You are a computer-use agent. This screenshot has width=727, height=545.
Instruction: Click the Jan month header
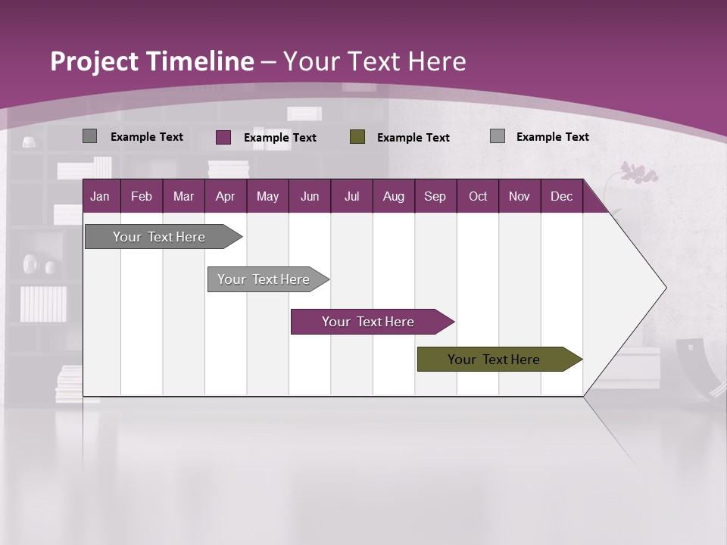click(100, 196)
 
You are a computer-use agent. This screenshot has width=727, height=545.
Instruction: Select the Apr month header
click(225, 196)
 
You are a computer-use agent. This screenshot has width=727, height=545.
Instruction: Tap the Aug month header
click(393, 196)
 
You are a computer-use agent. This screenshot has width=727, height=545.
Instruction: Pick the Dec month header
click(561, 196)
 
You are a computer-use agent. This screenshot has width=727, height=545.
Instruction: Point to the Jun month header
click(309, 196)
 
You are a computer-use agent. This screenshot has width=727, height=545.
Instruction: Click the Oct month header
click(477, 196)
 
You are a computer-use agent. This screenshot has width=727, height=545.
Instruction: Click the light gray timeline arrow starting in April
click(265, 279)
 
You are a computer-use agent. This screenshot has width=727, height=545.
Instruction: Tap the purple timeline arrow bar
click(370, 322)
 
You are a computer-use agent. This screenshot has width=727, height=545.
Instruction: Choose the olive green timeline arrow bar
click(496, 360)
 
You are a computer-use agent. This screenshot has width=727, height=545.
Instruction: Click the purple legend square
click(223, 137)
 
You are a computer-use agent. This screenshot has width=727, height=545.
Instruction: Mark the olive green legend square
click(357, 137)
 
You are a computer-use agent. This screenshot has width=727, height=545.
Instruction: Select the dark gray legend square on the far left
click(90, 136)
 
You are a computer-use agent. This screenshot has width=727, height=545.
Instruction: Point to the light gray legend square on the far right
click(498, 136)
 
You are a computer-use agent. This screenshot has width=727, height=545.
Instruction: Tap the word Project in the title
click(95, 61)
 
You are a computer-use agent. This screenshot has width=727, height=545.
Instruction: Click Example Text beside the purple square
click(279, 138)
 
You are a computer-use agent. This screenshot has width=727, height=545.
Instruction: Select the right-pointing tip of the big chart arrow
click(663, 288)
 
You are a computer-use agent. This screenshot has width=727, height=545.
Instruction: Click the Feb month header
click(142, 196)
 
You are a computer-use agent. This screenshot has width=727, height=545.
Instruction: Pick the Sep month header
click(435, 196)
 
